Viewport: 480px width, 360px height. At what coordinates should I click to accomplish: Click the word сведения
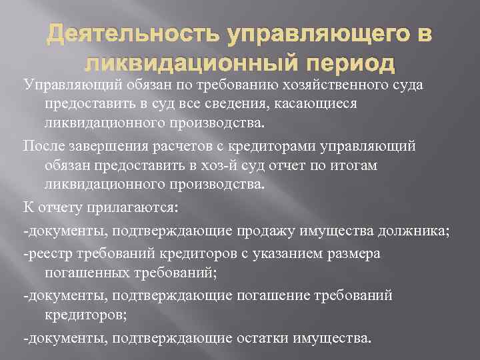coord(261,105)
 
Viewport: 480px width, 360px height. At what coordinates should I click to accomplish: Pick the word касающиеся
coord(325,105)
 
